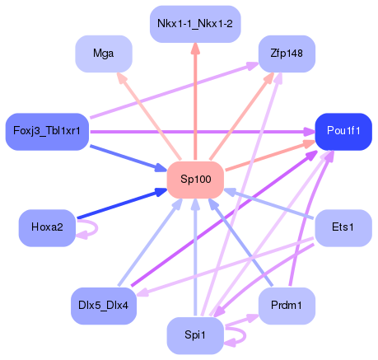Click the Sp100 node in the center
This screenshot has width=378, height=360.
pos(195,180)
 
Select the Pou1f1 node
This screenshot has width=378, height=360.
pos(343,131)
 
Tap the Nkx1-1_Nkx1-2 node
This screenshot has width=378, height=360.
pos(195,25)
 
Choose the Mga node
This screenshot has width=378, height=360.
pos(104,54)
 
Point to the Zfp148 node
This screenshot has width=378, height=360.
pos(287,54)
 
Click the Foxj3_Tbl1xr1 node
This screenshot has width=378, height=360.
pos(47,131)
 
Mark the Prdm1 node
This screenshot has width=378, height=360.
pos(287,306)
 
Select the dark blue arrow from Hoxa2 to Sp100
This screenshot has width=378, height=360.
pos(120,206)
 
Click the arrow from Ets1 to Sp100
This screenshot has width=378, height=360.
pos(272,205)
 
